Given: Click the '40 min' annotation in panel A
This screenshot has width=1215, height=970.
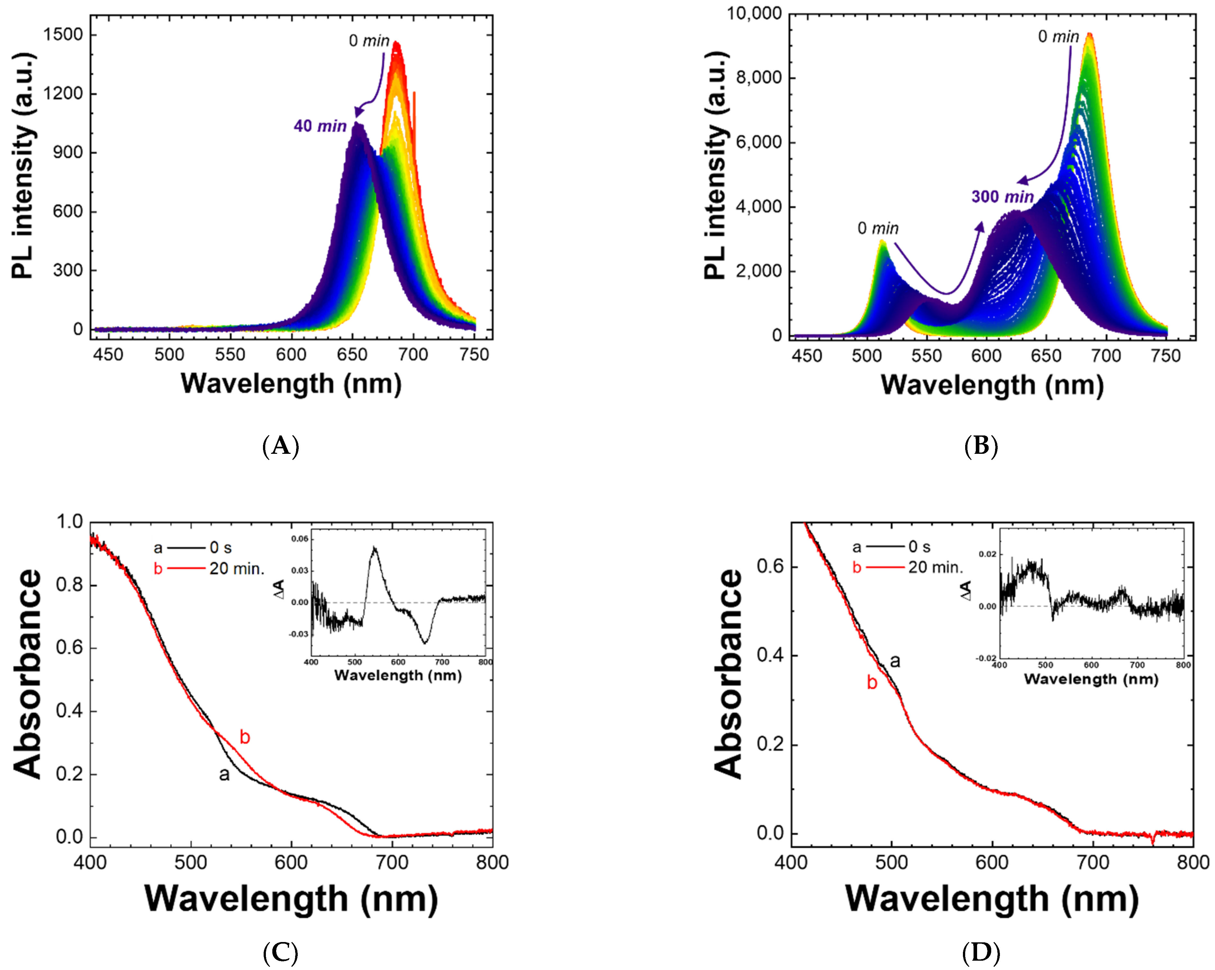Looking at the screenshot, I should [x=320, y=126].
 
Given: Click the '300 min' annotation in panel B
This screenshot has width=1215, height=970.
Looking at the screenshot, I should [x=1002, y=197].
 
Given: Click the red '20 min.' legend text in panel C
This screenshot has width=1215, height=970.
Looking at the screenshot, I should [x=237, y=569].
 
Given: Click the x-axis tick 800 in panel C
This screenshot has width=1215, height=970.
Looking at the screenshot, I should [x=492, y=863].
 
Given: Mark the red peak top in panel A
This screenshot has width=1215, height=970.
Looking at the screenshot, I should [x=396, y=43].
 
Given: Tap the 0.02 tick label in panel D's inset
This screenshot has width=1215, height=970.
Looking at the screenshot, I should [x=987, y=554].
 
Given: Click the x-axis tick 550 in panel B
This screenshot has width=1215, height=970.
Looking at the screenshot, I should [x=927, y=356].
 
